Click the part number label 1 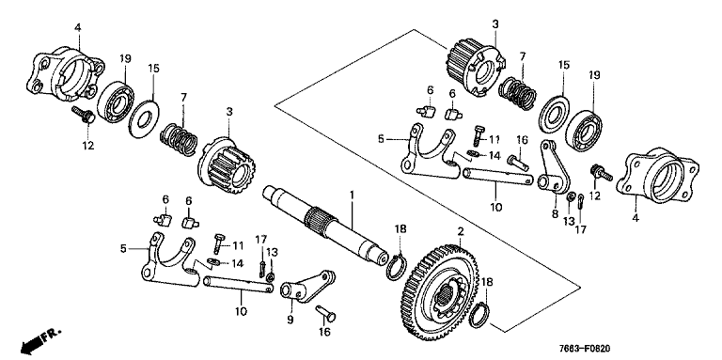pyautogui.click(x=352, y=196)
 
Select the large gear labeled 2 pyautogui.click(x=442, y=292)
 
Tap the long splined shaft pyautogui.click(x=325, y=225)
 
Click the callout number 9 pyautogui.click(x=290, y=319)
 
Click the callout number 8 pyautogui.click(x=555, y=213)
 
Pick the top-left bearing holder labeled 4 pyautogui.click(x=69, y=73)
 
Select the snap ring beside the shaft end pyautogui.click(x=395, y=269)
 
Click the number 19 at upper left pyautogui.click(x=125, y=58)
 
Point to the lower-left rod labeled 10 pyautogui.click(x=238, y=284)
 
